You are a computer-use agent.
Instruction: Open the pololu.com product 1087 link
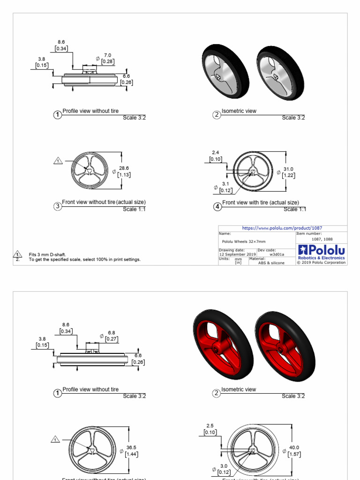pyautogui.click(x=282, y=228)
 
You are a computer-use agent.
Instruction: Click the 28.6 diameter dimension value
pyautogui.click(x=124, y=168)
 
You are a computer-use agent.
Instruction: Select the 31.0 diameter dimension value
pyautogui.click(x=288, y=169)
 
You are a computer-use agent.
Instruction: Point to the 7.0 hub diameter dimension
pyautogui.click(x=108, y=55)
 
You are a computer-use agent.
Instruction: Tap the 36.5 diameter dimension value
pyautogui.click(x=131, y=448)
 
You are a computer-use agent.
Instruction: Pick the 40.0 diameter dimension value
pyautogui.click(x=294, y=448)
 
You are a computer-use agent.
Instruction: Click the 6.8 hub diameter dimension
pyautogui.click(x=112, y=332)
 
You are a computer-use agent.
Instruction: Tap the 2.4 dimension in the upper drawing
pyautogui.click(x=216, y=153)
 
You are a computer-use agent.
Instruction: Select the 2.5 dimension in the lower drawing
pyautogui.click(x=210, y=426)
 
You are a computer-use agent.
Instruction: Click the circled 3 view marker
pyautogui.click(x=58, y=206)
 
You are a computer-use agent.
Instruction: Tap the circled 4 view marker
pyautogui.click(x=217, y=206)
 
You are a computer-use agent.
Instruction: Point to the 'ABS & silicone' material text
pyautogui.click(x=271, y=263)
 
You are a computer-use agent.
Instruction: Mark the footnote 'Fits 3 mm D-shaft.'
pyautogui.click(x=47, y=255)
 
